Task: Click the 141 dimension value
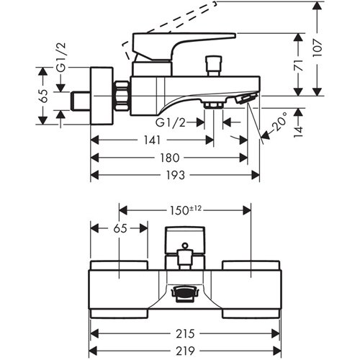(x=152, y=140)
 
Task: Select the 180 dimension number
(x=170, y=158)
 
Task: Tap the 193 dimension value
(x=176, y=175)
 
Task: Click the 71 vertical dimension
(x=299, y=65)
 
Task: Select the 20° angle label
(x=280, y=122)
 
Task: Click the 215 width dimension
(x=185, y=333)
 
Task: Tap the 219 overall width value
(x=185, y=351)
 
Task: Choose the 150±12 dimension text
(x=186, y=210)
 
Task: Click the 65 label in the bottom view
(x=120, y=228)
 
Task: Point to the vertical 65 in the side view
(x=43, y=96)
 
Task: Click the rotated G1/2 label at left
(x=60, y=58)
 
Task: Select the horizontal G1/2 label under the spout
(x=171, y=123)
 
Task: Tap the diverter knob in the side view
(x=214, y=66)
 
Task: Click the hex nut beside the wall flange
(x=122, y=96)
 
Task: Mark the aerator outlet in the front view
(x=184, y=293)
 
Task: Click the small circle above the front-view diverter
(x=185, y=246)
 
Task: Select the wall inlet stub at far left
(x=81, y=101)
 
